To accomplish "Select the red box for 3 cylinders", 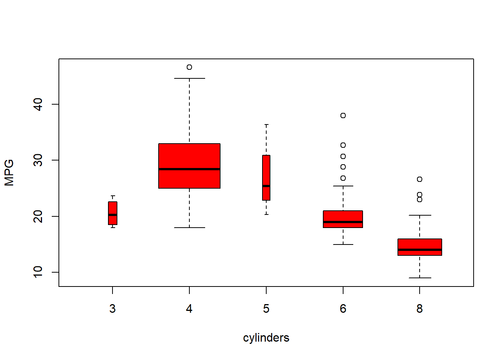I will coord(112,208).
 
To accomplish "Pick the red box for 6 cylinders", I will coord(343,216).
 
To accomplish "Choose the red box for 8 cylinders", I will coord(420,244).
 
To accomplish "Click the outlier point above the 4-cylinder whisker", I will coord(189,67).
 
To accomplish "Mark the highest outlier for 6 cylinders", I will coord(343,115).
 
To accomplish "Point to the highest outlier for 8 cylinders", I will coord(420,179).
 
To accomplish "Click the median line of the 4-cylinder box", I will coord(189,169).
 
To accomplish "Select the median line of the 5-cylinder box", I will coord(266,186).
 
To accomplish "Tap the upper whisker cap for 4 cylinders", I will coord(189,78).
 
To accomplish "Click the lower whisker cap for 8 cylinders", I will coord(420,278).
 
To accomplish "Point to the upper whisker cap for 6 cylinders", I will coord(343,186).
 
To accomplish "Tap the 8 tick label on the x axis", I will coord(420,309).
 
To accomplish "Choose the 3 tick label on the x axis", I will coord(112,309).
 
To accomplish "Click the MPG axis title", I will coord(9,172).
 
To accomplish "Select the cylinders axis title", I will coord(266,338).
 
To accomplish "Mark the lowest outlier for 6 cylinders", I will coord(343,178).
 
